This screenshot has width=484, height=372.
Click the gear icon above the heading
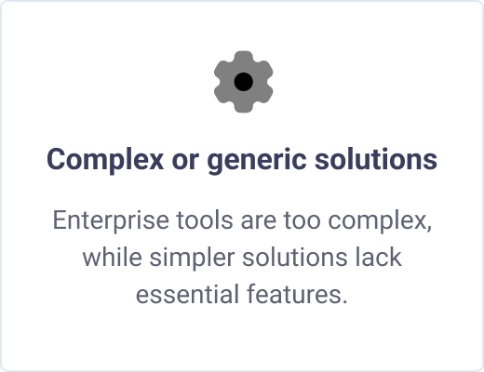pos(244,82)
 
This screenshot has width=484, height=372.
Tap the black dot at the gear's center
pos(244,82)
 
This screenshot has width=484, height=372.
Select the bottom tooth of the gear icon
pos(244,106)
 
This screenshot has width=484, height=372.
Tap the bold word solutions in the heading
pos(376,159)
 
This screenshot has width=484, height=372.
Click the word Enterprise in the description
pos(111,221)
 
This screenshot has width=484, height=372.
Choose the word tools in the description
pos(205,220)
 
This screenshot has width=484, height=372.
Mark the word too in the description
pos(302,221)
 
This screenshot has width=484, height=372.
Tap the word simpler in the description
pos(192,259)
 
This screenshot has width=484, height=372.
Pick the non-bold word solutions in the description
pos(294,257)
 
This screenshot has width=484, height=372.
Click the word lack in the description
pos(378,257)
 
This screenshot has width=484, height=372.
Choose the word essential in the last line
pos(187,294)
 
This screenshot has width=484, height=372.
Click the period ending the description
pos(343,301)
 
